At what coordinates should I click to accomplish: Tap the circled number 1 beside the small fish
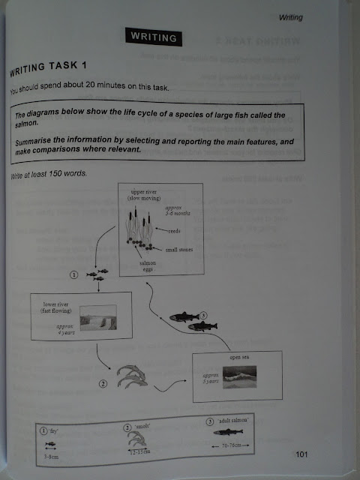tap(73, 275)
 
